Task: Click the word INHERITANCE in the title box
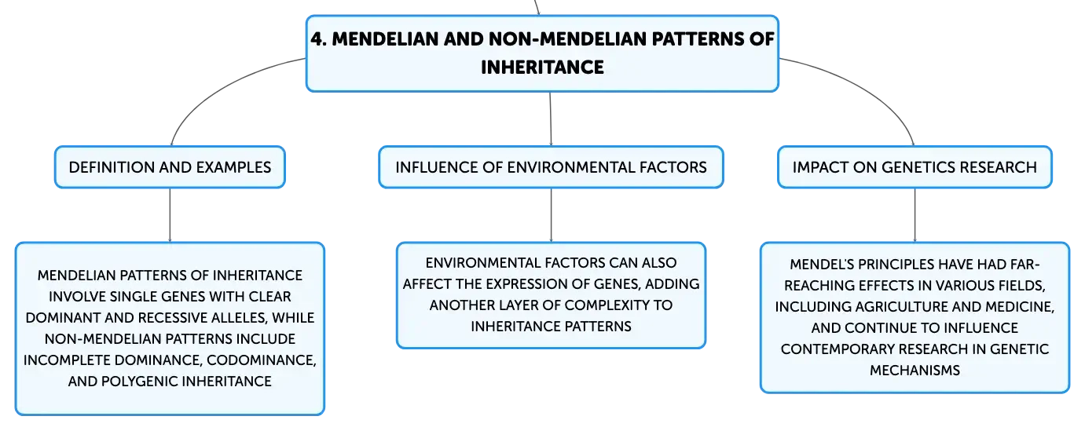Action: click(542, 67)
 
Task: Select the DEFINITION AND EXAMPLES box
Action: click(170, 167)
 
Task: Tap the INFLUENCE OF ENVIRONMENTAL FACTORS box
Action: click(552, 167)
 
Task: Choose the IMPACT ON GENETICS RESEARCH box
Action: click(915, 167)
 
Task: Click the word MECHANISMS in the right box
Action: click(915, 371)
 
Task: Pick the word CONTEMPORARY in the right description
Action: click(832, 349)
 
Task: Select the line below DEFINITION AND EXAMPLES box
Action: click(170, 215)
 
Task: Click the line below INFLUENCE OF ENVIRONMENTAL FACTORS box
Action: click(552, 215)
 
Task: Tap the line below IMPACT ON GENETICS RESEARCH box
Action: click(915, 215)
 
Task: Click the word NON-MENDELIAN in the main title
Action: click(567, 38)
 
